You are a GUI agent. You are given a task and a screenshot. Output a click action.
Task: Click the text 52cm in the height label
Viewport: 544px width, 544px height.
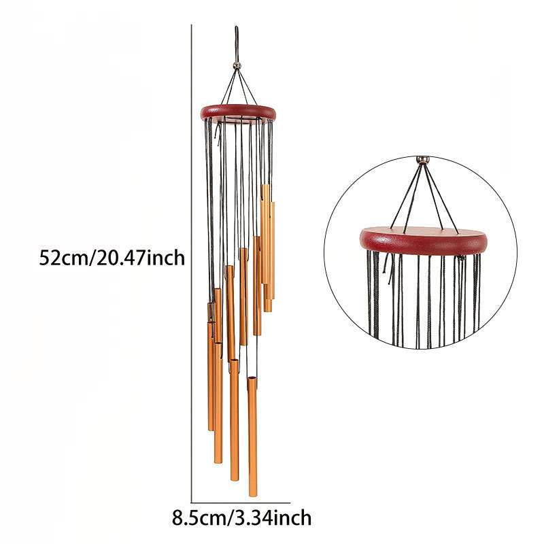coord(64,258)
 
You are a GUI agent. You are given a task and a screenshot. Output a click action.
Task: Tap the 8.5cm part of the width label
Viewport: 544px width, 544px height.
coord(199,518)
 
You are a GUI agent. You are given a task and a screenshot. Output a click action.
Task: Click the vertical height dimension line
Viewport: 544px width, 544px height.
coord(192,264)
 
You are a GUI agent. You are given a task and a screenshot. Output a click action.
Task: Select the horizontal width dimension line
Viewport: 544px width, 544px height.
coord(241,503)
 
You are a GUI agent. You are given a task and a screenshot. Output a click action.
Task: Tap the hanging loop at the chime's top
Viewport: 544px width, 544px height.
coord(237,44)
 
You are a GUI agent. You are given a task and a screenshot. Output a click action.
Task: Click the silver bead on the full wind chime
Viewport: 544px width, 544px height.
coord(237,65)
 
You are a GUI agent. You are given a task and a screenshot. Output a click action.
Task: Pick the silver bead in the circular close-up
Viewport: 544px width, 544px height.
coord(422,160)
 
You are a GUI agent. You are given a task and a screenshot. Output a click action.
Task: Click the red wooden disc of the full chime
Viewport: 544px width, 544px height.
coord(238,113)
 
